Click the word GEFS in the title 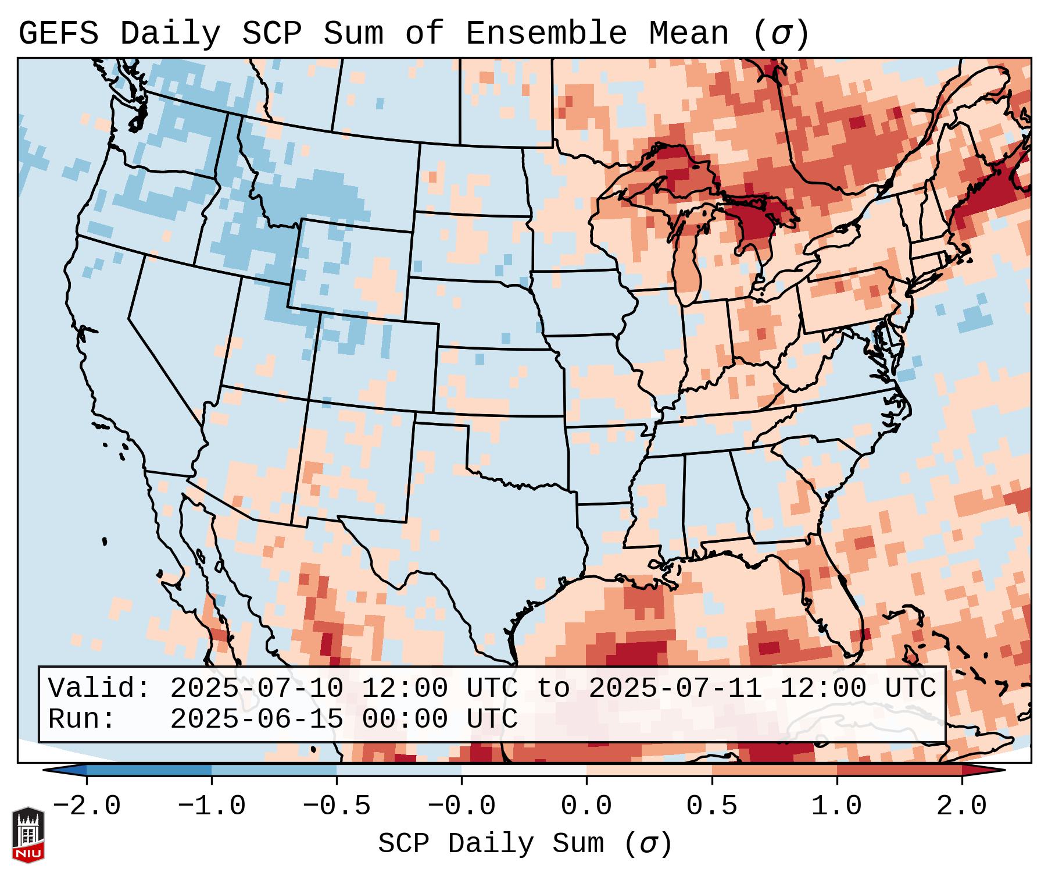[x=58, y=33]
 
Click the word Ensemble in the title [x=546, y=33]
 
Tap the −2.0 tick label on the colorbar [x=87, y=806]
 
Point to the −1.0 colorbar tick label [x=212, y=806]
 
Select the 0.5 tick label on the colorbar [x=712, y=806]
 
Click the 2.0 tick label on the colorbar [x=962, y=806]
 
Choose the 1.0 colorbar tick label [x=837, y=806]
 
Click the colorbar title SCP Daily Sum [x=491, y=843]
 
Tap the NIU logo [x=28, y=835]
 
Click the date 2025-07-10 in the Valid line [x=257, y=688]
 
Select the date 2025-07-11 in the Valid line [x=675, y=688]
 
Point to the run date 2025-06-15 [x=257, y=719]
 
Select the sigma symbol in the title [x=781, y=34]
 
